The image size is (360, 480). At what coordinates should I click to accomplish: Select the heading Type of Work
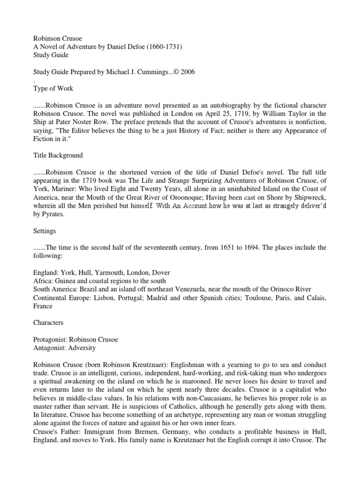(53, 89)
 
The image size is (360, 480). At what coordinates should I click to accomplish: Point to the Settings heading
(45, 231)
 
